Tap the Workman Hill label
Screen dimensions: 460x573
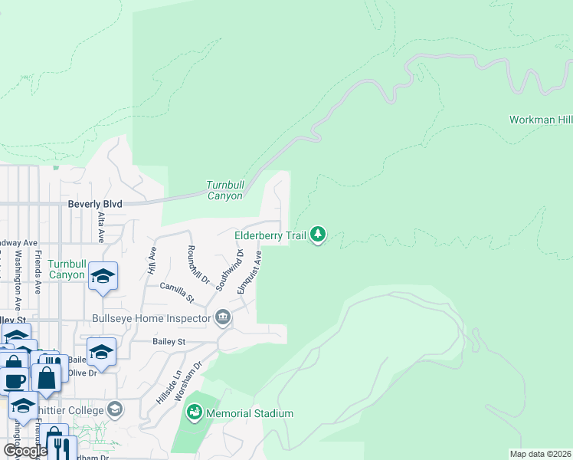541,120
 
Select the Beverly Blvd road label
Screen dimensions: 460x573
95,204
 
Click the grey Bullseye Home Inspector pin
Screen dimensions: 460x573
223,317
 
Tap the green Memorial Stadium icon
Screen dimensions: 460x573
195,413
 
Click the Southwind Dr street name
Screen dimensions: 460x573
230,269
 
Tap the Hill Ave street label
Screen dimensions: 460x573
152,261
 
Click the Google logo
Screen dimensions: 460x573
25,451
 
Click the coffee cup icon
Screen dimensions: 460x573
15,379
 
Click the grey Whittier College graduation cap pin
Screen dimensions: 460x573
115,409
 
